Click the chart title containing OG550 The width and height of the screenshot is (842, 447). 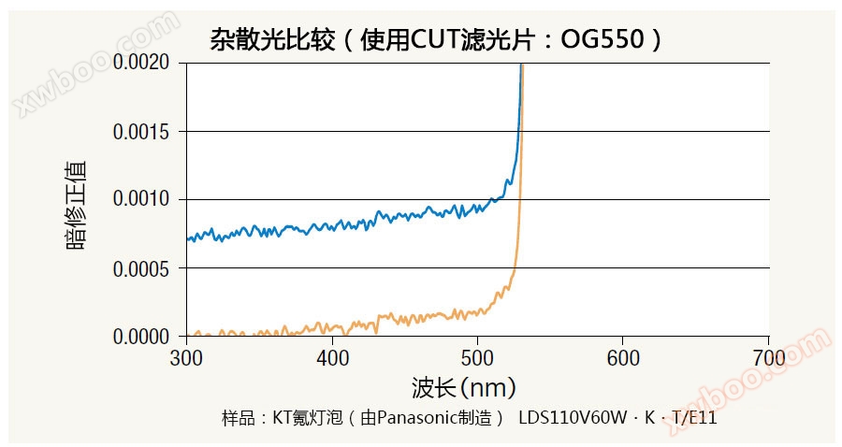[436, 40]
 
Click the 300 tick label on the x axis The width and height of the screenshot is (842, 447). [186, 358]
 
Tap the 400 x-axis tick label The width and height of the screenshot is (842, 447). [332, 358]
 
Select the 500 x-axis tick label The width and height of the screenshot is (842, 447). [478, 358]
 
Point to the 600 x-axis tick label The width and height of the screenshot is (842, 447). [623, 358]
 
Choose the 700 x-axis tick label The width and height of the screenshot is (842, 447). [769, 358]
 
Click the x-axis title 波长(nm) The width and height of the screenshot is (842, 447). [463, 387]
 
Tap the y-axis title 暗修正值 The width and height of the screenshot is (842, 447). [77, 206]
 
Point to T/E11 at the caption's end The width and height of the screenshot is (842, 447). [694, 418]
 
